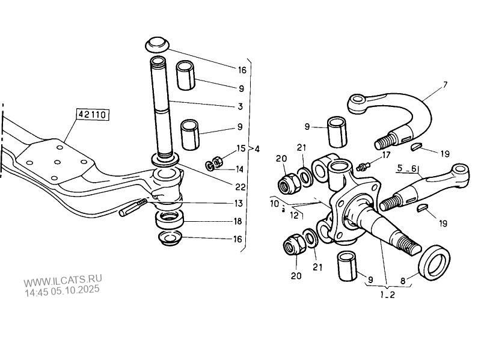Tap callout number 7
tap(445, 85)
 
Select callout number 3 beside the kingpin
tap(240, 107)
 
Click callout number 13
tap(240, 203)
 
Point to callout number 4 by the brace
tap(257, 148)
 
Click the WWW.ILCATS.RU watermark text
tap(63, 280)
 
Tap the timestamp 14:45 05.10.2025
tap(62, 290)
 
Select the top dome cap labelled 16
tap(158, 44)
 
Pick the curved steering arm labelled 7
tap(409, 108)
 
